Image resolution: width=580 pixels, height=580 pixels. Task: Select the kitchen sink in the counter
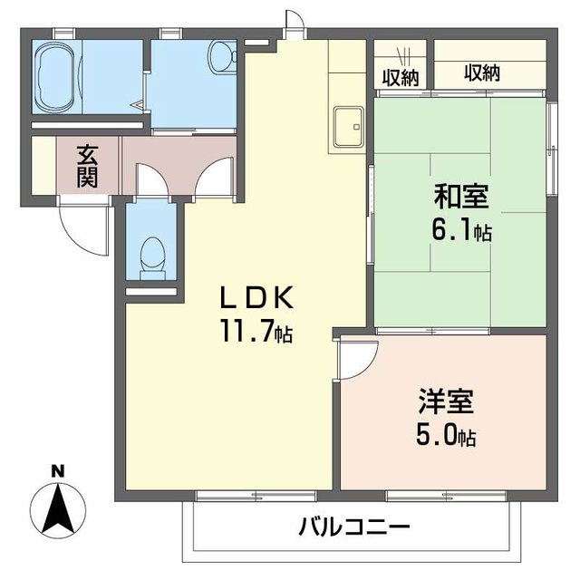point(348,125)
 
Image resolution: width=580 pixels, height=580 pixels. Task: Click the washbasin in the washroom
point(220,59)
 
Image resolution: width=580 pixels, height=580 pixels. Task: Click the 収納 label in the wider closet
point(482,73)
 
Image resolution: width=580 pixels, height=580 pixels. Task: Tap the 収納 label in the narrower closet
point(399,76)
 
